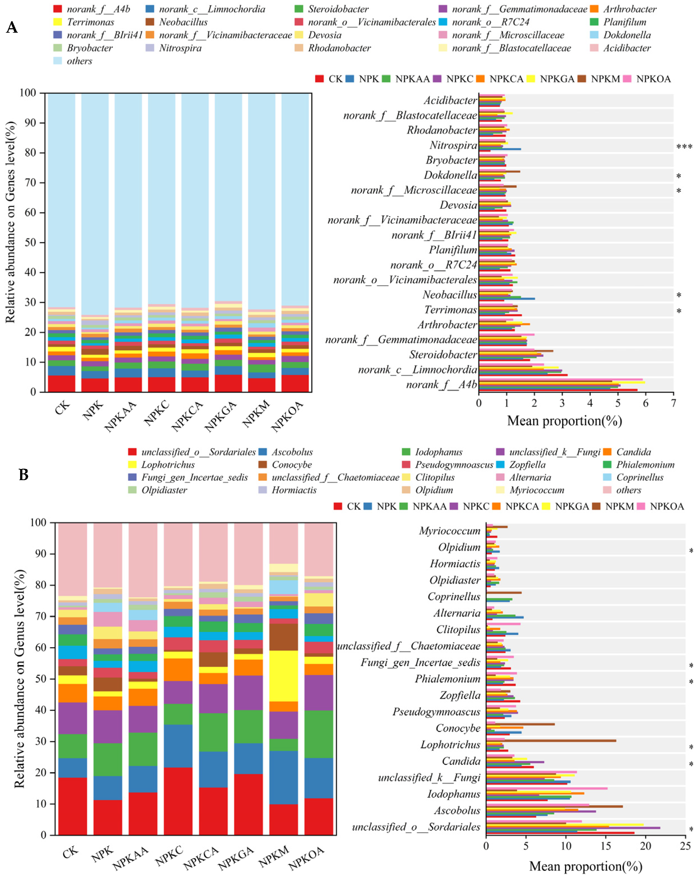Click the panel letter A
(x=12, y=27)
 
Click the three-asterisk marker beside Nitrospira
(x=684, y=147)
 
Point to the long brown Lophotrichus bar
(x=550, y=740)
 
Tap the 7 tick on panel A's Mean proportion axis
(x=673, y=403)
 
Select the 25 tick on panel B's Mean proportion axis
(x=685, y=846)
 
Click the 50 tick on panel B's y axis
(x=37, y=679)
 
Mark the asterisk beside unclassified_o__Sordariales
(x=691, y=830)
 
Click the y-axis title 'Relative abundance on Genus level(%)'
(x=19, y=678)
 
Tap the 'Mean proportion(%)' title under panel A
(x=564, y=421)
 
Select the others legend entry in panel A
(x=79, y=61)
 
